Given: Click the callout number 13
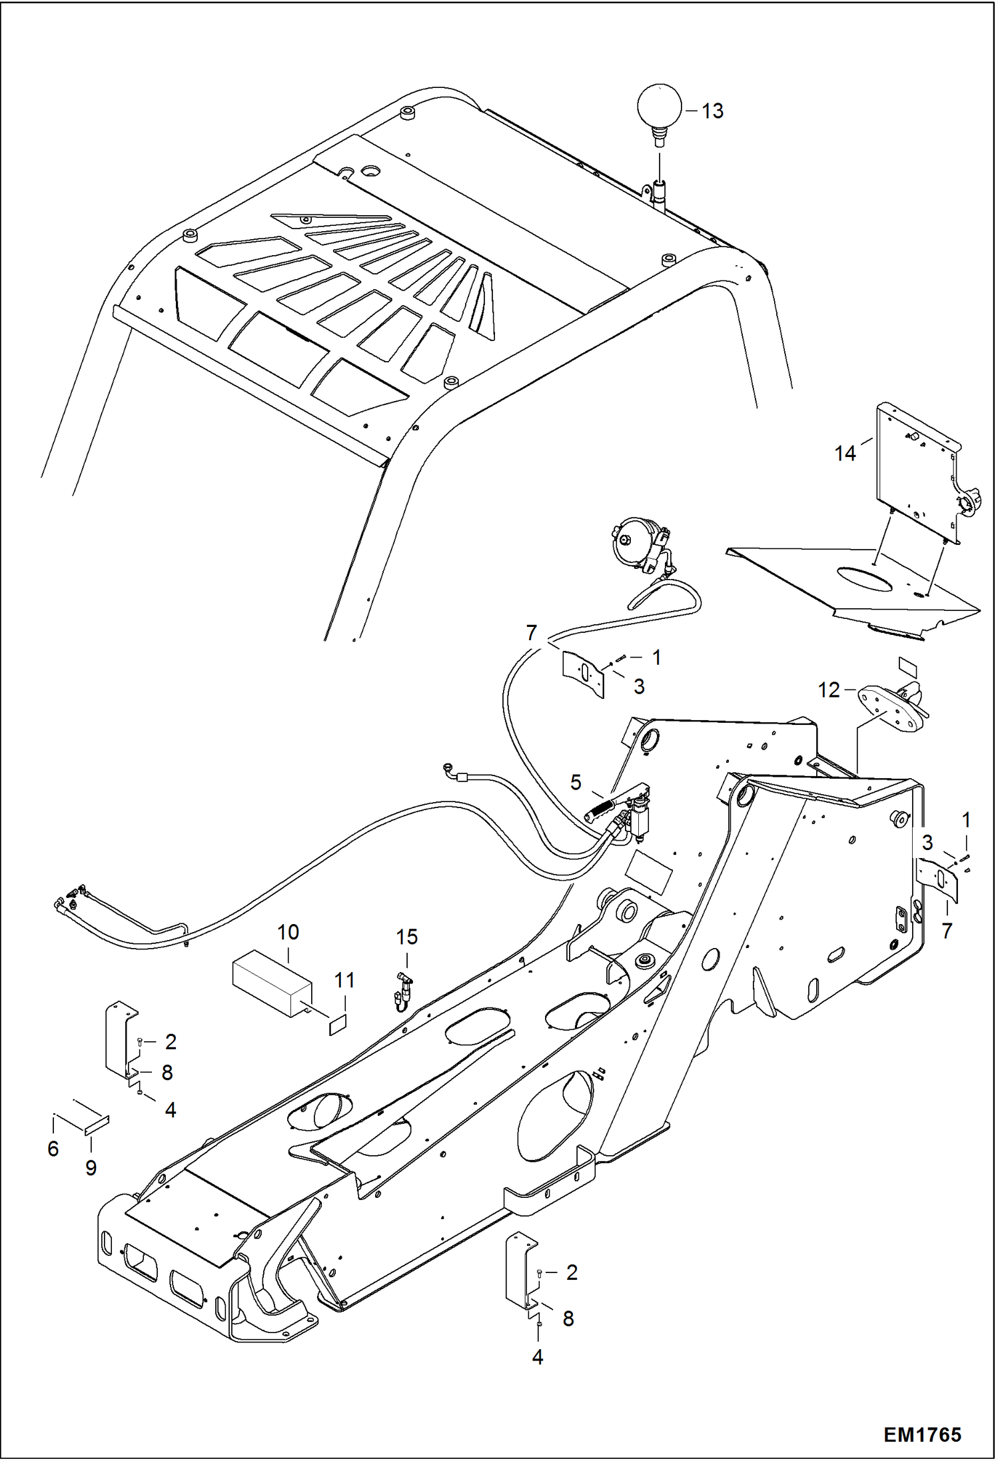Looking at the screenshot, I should coord(712,111).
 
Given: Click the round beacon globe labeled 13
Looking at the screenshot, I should coord(660,106).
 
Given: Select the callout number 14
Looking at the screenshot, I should coord(845,454).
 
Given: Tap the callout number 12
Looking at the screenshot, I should coord(829,690).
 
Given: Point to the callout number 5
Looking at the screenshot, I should coord(576,781).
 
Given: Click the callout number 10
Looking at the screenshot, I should coord(288,932).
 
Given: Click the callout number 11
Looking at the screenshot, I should coord(344,981).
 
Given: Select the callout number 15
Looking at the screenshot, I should coord(406,937).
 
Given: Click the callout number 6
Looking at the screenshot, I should coord(53,1149).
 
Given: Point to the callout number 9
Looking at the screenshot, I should coord(91,1167).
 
